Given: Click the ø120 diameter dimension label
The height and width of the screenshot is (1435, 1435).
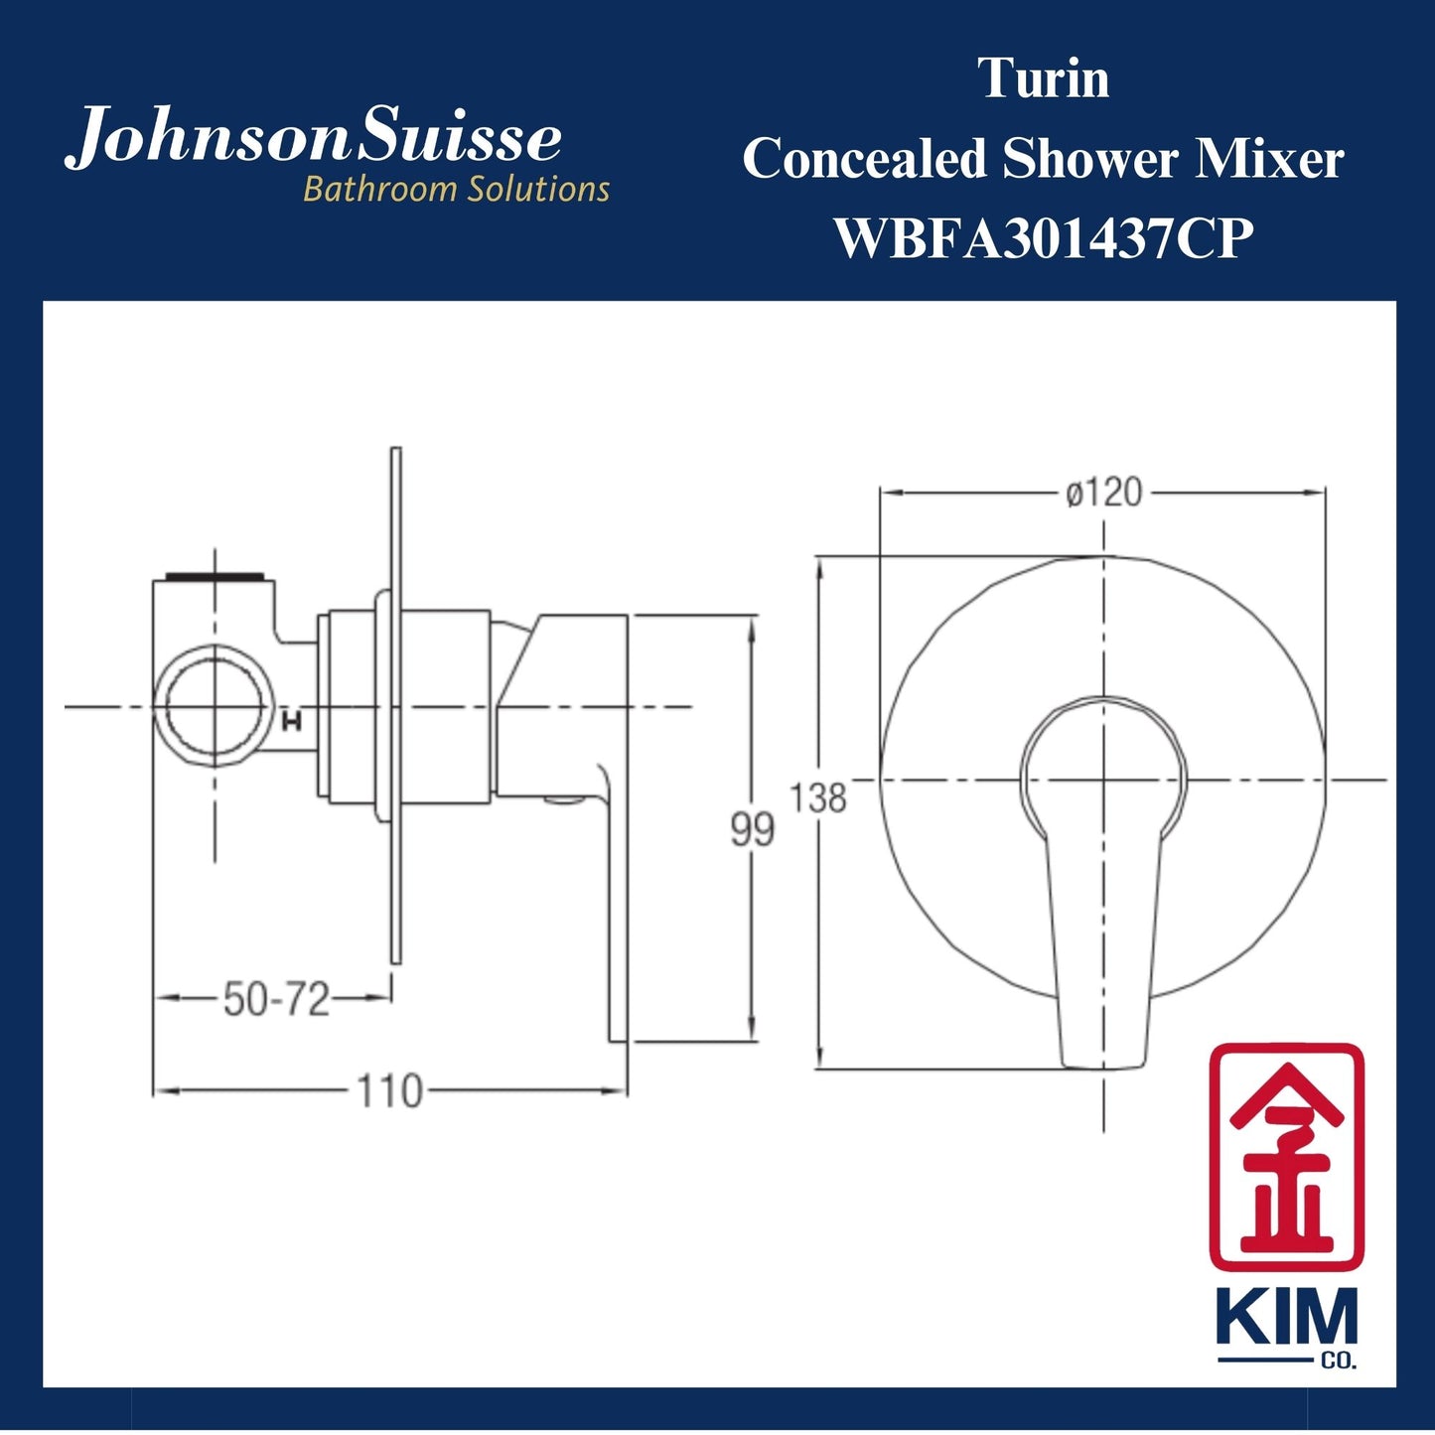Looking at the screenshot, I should (x=1103, y=493).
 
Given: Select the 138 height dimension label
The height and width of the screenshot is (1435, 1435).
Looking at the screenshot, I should (x=819, y=797).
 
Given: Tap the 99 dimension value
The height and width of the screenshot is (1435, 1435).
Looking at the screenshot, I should (x=752, y=828).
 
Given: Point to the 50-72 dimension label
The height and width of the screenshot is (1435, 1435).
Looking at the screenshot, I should (x=275, y=999).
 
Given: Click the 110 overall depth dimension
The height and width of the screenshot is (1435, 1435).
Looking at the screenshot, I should (x=389, y=1091).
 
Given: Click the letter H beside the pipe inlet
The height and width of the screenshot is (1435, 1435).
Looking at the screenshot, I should (x=292, y=722).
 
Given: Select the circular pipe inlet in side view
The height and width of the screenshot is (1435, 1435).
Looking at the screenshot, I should (x=215, y=706).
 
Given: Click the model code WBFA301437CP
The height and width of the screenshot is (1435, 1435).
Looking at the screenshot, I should (x=1043, y=238).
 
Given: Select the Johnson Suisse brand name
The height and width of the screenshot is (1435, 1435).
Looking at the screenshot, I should (x=314, y=139).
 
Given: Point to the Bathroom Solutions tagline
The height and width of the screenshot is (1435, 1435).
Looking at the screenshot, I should (x=456, y=189).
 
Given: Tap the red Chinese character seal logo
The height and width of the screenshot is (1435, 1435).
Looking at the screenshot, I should (x=1286, y=1156).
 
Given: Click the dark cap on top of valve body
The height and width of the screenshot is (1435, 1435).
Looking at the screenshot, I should (x=215, y=575).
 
